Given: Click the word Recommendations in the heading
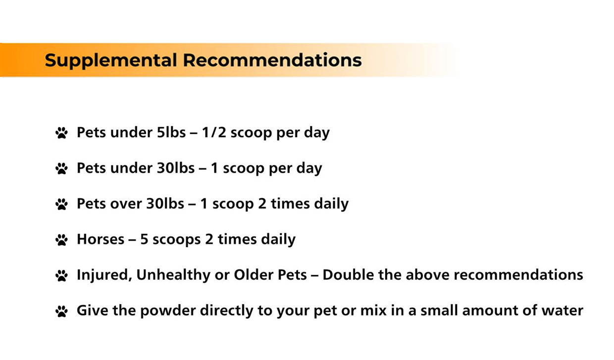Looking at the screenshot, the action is click(x=272, y=60).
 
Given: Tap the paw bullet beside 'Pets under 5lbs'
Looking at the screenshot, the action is click(x=61, y=133).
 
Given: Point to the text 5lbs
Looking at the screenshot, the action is click(x=171, y=132).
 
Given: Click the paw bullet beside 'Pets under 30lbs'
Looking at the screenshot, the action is click(x=61, y=169).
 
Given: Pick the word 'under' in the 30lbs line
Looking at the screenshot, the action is click(x=131, y=168).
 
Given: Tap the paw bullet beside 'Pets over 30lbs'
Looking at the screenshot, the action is click(x=61, y=205).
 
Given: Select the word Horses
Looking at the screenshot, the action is click(x=101, y=239).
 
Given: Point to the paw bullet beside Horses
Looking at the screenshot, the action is click(x=61, y=240).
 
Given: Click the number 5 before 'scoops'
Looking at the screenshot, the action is click(x=144, y=239).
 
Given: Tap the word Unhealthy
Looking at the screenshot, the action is click(x=173, y=275).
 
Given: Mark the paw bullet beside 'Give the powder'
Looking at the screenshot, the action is click(x=61, y=311).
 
